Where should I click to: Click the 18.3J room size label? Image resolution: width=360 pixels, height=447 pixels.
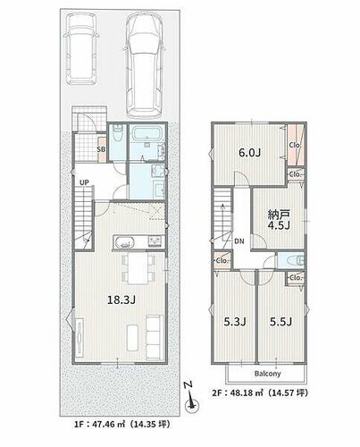[121, 299]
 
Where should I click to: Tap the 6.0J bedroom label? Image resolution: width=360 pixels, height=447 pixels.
[250, 153]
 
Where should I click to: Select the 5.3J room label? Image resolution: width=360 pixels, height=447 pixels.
[235, 322]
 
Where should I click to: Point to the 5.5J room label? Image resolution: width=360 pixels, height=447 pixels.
[280, 322]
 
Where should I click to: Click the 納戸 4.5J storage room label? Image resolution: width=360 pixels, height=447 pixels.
[279, 220]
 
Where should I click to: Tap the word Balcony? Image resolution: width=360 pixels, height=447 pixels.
[267, 374]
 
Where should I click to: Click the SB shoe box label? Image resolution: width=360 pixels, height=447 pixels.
[101, 149]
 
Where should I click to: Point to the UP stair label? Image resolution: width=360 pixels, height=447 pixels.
[84, 182]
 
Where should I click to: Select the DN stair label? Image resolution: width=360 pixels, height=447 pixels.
[239, 241]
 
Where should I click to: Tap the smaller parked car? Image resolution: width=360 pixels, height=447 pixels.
[81, 48]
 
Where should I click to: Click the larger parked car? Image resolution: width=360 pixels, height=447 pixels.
[145, 65]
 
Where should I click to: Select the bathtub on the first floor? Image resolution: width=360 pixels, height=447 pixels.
[147, 134]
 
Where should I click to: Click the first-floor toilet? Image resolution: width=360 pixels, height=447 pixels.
[118, 133]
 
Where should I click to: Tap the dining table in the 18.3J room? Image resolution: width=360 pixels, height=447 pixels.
[138, 268]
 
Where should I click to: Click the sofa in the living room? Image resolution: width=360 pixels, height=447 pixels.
[155, 337]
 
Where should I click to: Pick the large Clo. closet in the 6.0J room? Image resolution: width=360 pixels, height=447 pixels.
[296, 145]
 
